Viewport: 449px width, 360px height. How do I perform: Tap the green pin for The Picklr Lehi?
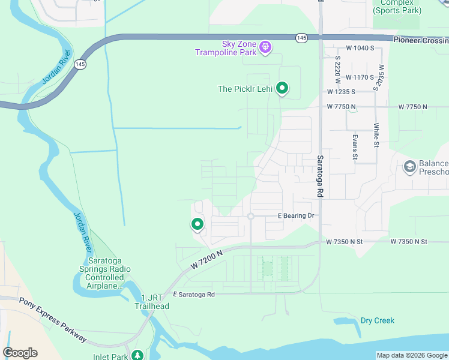(x=282, y=89)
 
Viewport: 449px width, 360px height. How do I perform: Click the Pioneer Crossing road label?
(x=421, y=40)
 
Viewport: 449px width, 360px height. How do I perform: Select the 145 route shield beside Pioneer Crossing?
(x=301, y=38)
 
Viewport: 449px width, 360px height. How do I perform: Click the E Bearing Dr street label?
(x=295, y=215)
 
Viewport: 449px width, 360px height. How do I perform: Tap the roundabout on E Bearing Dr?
(x=251, y=216)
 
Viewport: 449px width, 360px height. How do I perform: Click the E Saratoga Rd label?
(x=194, y=295)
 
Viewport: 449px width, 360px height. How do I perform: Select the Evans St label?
(x=355, y=148)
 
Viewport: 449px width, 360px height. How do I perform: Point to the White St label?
(x=376, y=136)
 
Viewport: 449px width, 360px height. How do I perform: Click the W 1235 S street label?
(x=342, y=92)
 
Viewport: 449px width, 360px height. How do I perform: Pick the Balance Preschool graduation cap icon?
(x=410, y=166)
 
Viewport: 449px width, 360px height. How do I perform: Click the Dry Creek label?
(x=377, y=320)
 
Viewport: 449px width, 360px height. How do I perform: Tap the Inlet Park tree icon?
(x=137, y=355)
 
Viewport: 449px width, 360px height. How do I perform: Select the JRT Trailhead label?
(x=155, y=302)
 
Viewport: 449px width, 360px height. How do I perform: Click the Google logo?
(x=20, y=353)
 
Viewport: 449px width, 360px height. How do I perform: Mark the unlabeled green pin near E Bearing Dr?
(x=197, y=224)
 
